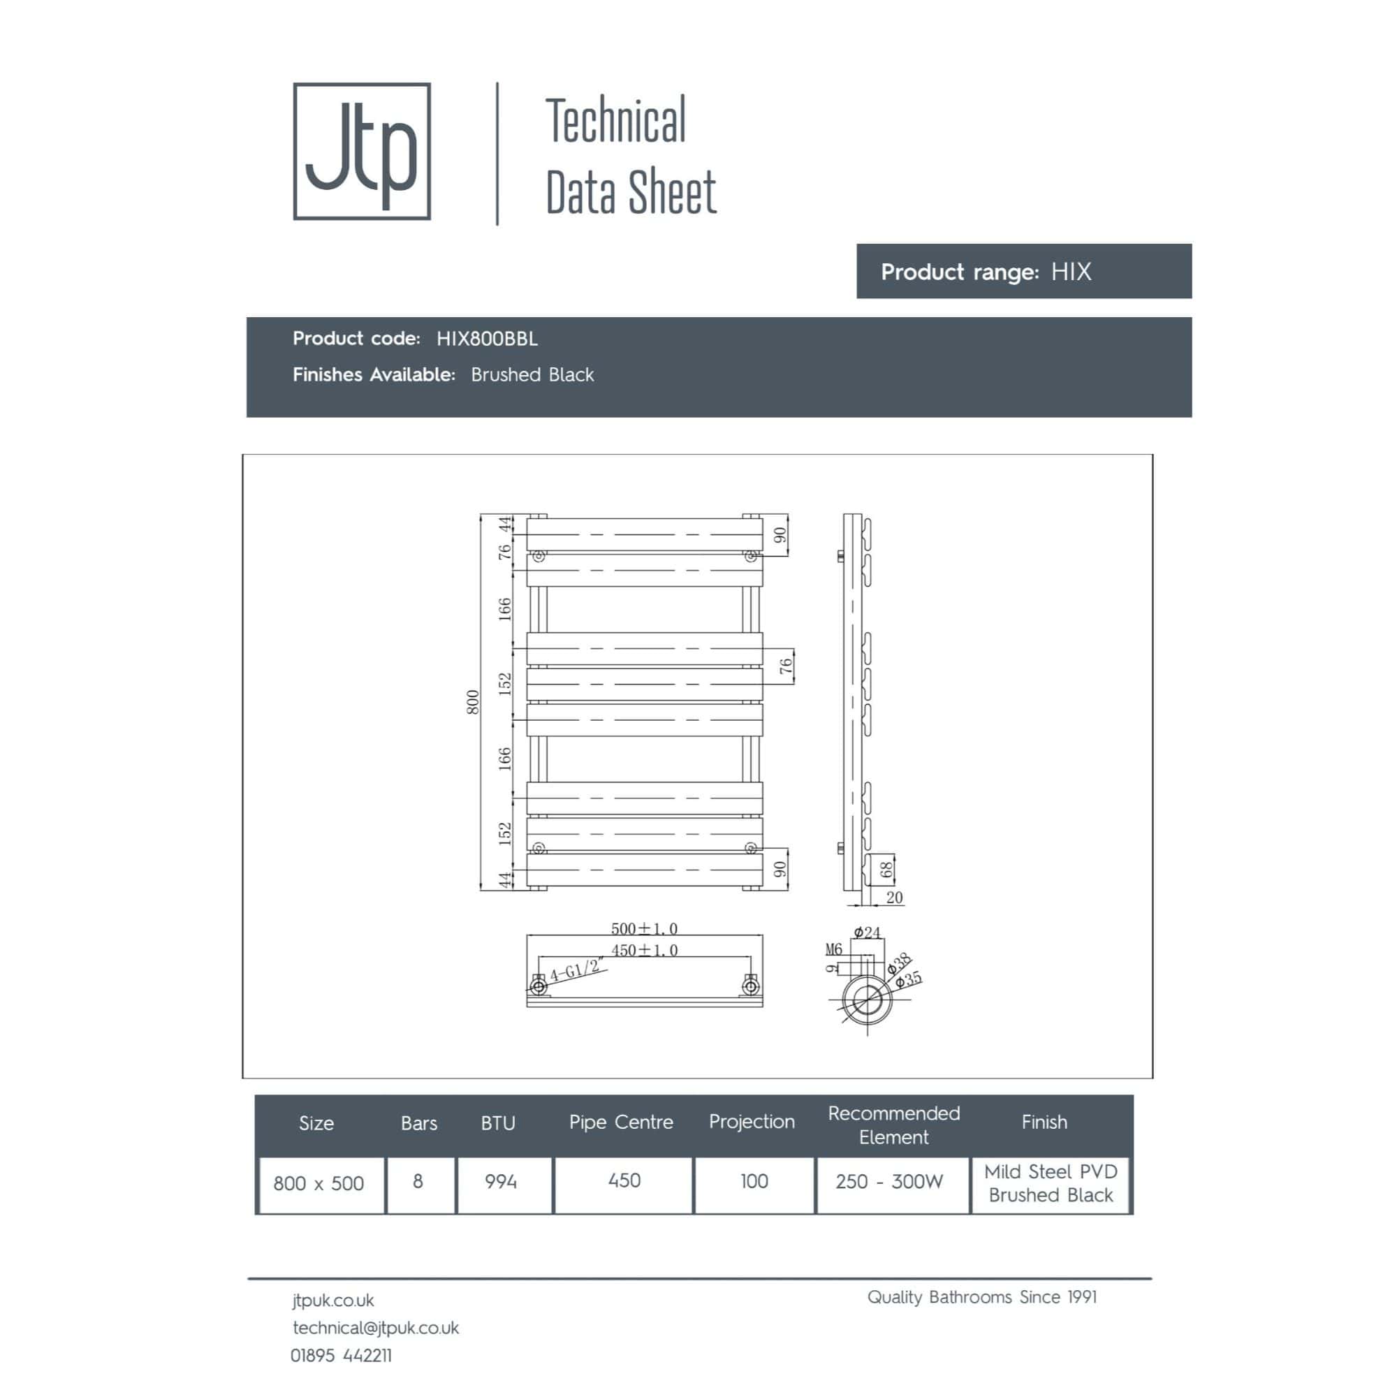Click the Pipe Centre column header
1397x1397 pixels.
[620, 1122]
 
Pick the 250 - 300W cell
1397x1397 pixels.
[888, 1182]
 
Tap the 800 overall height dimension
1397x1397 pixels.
[472, 702]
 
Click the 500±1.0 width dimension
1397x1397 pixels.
[644, 928]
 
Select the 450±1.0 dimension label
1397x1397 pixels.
[644, 950]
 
